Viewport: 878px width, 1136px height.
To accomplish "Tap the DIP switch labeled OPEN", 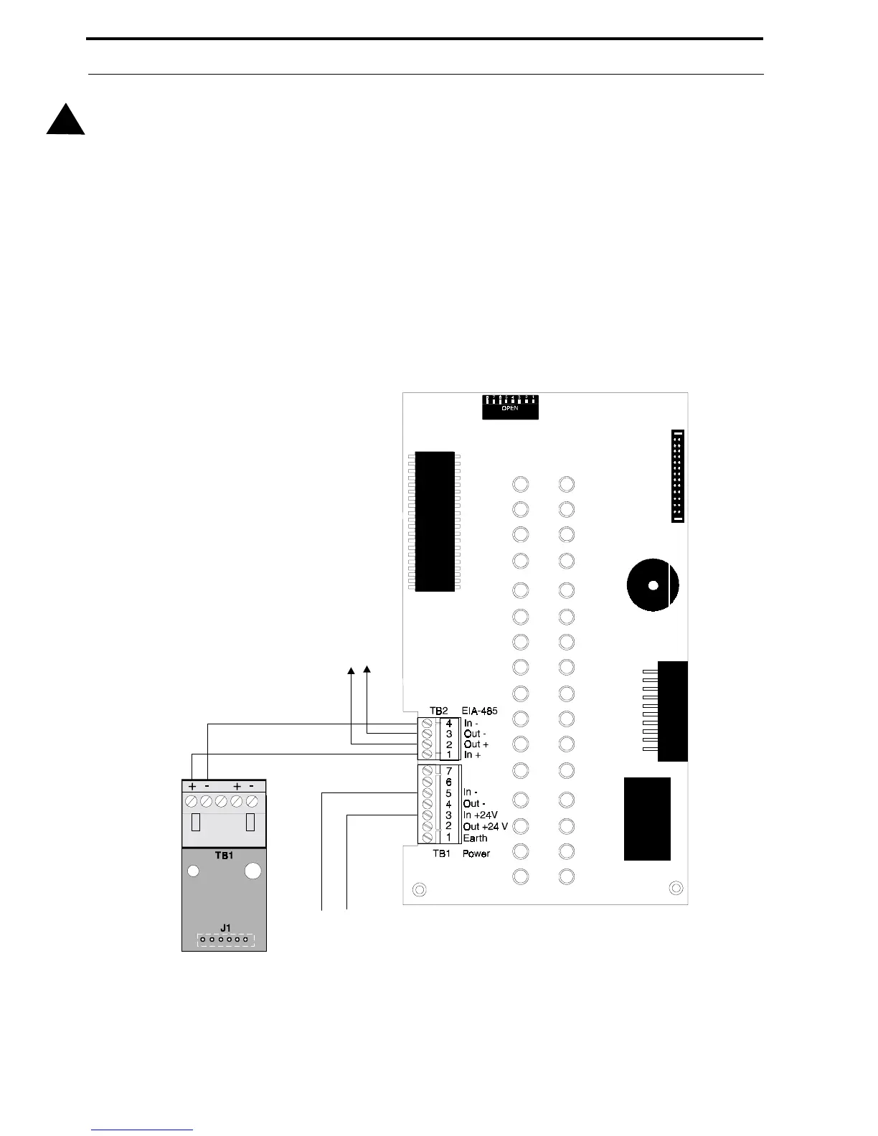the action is tap(510, 407).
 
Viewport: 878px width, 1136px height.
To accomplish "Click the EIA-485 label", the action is tap(480, 711).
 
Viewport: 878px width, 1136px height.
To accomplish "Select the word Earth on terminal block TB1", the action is tap(475, 838).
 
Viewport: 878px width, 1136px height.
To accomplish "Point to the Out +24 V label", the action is tap(485, 826).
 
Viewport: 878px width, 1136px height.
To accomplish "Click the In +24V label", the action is tap(480, 815).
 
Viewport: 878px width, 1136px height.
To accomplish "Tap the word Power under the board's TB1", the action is tap(476, 853).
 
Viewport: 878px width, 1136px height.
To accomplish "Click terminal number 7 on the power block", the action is tap(449, 771).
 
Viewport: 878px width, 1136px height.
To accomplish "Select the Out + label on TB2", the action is tap(476, 744).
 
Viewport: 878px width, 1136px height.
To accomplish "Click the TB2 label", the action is tap(439, 711).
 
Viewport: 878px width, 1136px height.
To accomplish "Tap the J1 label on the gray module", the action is tap(225, 929).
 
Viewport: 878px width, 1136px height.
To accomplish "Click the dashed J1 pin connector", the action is tap(224, 939).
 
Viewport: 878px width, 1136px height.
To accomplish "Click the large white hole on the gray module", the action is tap(252, 871).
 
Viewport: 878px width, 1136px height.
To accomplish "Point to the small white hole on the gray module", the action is tap(193, 871).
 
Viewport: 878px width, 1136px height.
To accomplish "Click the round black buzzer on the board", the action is tap(652, 585).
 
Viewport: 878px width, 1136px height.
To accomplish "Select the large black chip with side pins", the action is tap(435, 521).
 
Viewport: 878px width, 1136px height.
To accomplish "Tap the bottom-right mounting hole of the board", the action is tap(676, 889).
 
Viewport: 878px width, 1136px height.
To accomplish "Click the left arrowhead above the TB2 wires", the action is tap(351, 671).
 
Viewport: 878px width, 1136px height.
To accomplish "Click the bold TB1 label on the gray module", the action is tap(224, 856).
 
